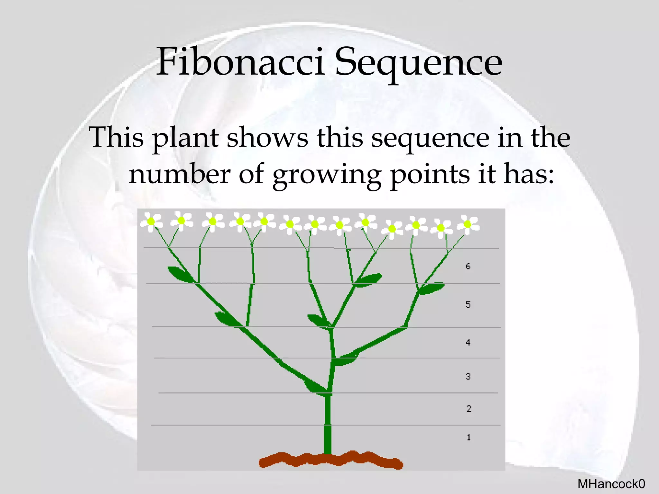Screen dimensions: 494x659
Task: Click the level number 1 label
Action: coord(469,437)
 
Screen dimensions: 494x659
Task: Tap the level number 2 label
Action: coord(469,408)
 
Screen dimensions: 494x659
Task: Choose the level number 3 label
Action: coord(468,376)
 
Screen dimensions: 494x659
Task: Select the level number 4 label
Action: coord(468,343)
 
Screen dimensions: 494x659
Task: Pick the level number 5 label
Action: coord(468,305)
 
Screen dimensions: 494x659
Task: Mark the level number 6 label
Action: coord(468,266)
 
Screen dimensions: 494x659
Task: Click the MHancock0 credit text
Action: coord(611,484)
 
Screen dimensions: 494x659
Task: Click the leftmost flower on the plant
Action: coord(151,222)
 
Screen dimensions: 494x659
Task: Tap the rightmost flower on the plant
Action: coord(468,224)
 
